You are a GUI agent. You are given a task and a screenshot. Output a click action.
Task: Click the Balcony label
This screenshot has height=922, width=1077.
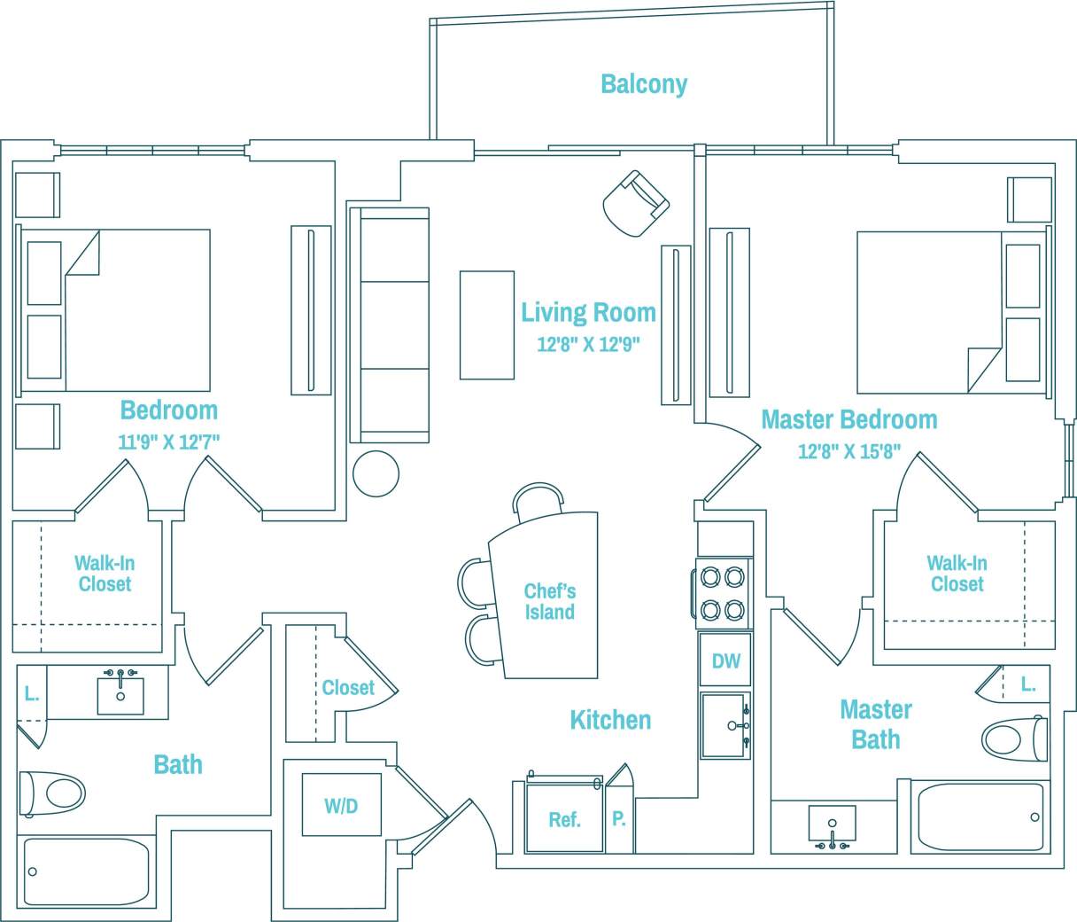(644, 84)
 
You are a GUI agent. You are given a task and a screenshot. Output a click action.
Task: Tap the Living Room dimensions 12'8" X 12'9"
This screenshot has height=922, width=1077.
(588, 345)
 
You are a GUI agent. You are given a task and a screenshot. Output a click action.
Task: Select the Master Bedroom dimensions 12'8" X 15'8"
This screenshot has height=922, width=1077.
(848, 451)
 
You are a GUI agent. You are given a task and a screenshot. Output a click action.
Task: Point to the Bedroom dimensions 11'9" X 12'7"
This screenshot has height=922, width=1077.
(168, 441)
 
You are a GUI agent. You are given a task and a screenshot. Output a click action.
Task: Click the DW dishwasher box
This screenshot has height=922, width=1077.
(725, 660)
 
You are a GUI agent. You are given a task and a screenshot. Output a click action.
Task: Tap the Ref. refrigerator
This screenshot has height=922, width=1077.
(563, 819)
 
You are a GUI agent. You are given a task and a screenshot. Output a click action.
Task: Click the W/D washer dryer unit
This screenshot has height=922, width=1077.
(341, 805)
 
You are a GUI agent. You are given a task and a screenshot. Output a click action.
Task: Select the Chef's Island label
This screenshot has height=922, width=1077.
(549, 601)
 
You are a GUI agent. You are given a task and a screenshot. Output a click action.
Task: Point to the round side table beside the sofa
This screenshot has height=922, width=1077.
(376, 474)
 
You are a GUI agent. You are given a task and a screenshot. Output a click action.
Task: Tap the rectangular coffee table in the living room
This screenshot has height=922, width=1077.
(486, 325)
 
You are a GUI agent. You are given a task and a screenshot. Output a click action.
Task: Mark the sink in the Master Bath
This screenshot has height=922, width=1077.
(832, 826)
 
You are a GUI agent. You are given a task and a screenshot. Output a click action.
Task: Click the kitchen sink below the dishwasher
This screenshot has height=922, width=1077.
(725, 726)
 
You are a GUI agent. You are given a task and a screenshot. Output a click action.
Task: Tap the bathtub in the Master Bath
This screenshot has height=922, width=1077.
(980, 817)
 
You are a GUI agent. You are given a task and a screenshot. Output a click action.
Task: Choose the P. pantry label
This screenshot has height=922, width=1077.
(618, 819)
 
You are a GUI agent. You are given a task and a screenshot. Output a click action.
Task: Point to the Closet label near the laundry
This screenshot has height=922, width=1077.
(347, 688)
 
